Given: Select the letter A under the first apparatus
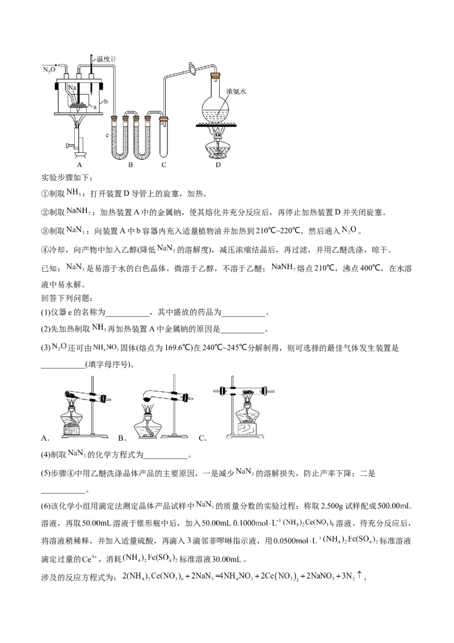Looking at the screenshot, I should point(80,164).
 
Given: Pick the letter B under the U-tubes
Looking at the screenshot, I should point(130,164).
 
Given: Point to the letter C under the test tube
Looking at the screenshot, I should point(164,164).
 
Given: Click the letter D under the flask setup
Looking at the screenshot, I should point(218,164).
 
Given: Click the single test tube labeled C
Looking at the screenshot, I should point(164,136).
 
